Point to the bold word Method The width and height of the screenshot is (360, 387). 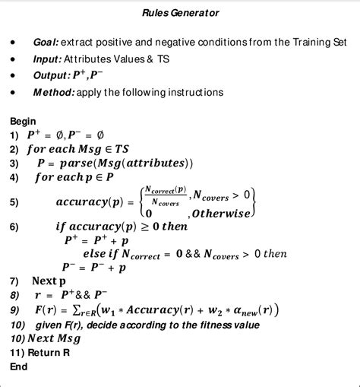coord(54,92)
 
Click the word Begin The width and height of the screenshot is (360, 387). coord(24,121)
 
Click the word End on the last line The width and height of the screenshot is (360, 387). coord(19,366)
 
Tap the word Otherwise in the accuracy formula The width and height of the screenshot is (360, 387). coord(223,214)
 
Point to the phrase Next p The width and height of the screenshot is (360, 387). coord(49,281)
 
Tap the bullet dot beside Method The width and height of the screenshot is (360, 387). coord(14,92)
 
